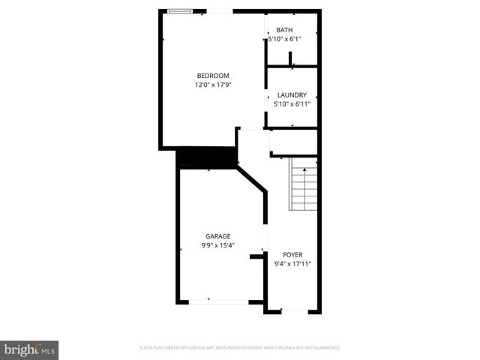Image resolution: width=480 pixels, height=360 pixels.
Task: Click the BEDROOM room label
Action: point(212,76)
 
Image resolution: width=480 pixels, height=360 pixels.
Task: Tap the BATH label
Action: point(284,30)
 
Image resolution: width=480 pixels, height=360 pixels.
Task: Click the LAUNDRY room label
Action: point(292,95)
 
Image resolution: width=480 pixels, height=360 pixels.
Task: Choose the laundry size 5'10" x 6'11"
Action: point(292,104)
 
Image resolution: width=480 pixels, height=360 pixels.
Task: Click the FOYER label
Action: point(292,255)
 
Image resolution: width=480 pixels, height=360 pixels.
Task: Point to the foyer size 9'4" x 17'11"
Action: point(292,264)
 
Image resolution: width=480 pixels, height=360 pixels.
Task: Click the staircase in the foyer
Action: point(304,187)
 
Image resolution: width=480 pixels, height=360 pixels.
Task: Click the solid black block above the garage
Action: point(207,157)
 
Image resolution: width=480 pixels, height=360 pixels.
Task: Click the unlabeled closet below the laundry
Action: point(293,142)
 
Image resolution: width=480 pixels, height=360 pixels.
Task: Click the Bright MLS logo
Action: point(30,349)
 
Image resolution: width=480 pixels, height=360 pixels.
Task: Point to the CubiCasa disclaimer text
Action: point(240,348)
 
